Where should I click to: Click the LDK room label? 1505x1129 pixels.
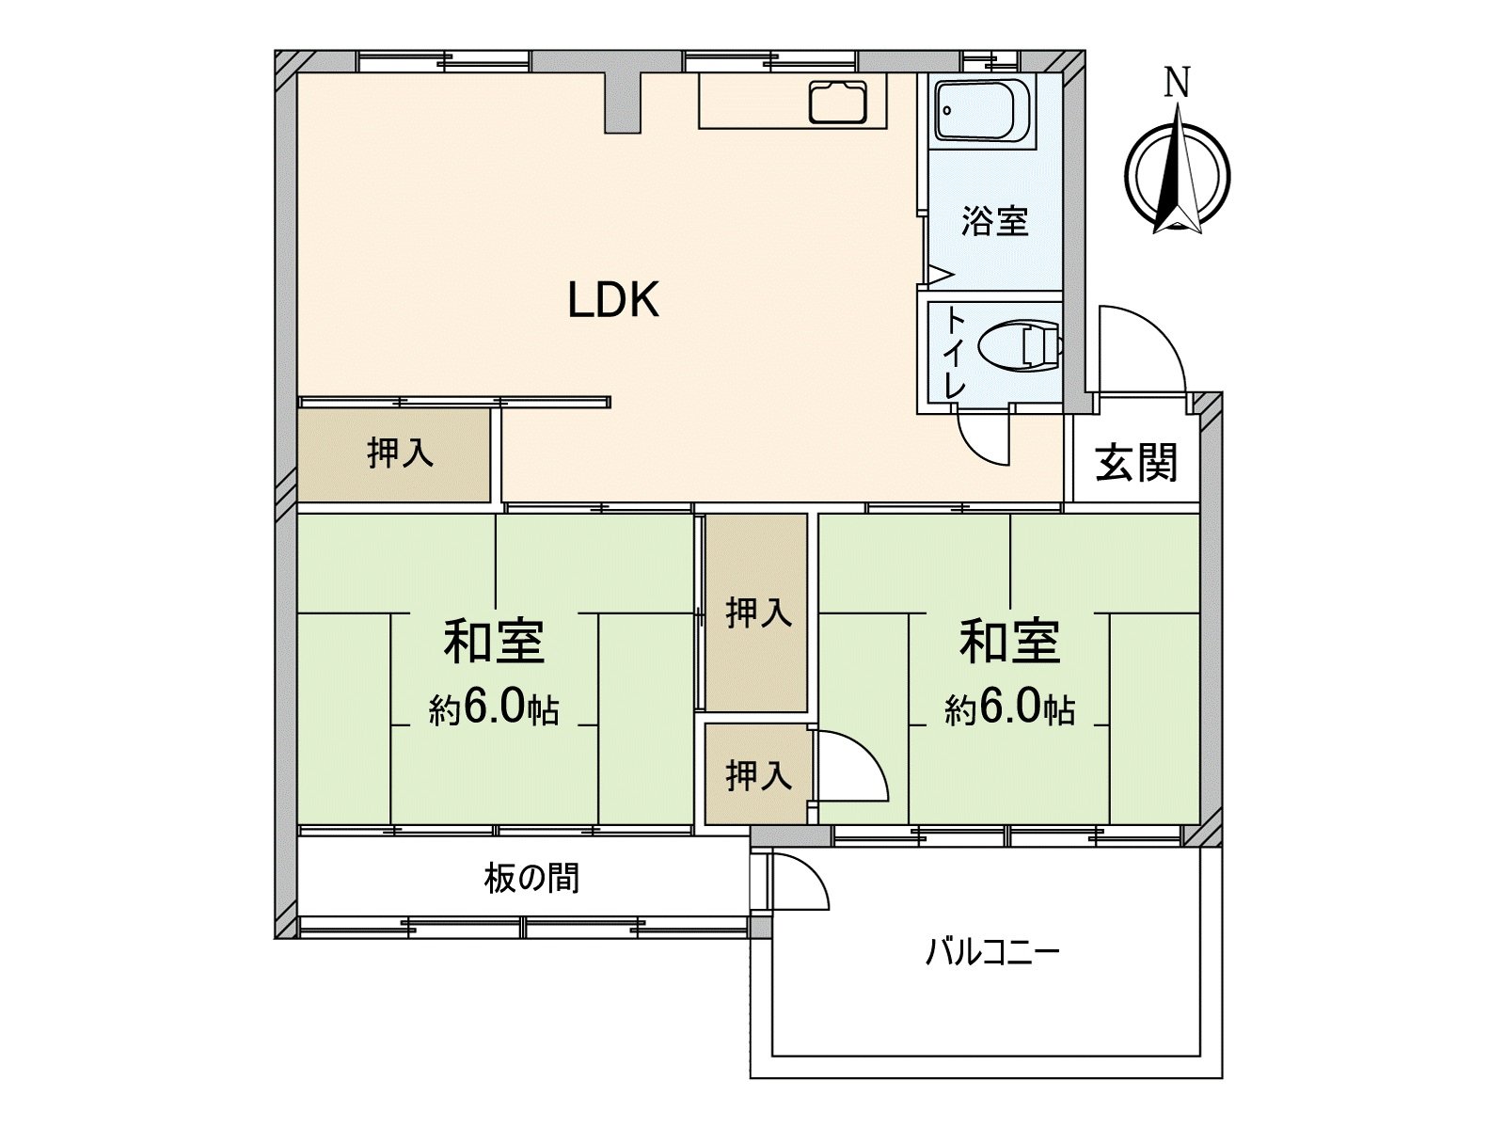(x=613, y=299)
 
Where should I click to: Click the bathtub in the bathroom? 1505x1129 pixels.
(x=984, y=114)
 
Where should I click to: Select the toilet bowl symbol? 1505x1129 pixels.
(x=1021, y=347)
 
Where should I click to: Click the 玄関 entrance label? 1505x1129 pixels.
(x=1136, y=463)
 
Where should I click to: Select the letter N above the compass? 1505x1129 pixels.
(x=1178, y=83)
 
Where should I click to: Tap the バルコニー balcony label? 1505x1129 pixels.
(x=992, y=953)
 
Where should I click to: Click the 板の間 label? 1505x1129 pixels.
(x=532, y=878)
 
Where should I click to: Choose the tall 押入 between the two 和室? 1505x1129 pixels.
(x=756, y=612)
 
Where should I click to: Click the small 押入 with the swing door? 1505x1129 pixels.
(x=756, y=774)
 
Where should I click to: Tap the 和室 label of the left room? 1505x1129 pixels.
(x=494, y=642)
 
